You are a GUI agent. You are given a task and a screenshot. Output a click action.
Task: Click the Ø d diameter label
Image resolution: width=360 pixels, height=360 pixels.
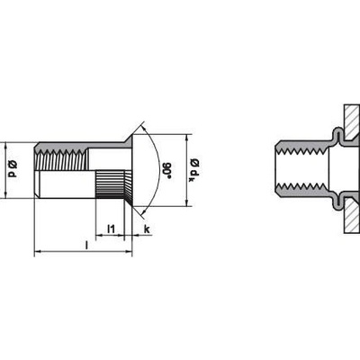[x=13, y=169]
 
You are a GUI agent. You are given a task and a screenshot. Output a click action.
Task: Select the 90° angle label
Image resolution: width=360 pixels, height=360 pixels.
[x=166, y=170]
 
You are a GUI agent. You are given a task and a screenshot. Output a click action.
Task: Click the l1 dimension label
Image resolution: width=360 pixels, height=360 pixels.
[x=111, y=229]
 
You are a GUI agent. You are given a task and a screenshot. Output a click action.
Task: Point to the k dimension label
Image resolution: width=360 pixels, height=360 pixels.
[x=147, y=229]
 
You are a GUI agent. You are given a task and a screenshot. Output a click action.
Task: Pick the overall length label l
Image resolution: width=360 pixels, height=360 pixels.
[x=86, y=245]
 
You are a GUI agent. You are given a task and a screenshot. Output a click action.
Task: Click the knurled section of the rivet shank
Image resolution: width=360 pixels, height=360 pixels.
[x=110, y=184]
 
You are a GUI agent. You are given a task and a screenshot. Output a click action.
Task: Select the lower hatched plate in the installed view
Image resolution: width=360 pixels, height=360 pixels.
[x=352, y=216]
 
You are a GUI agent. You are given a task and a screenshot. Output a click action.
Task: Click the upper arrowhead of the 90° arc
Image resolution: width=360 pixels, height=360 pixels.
[x=145, y=128]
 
